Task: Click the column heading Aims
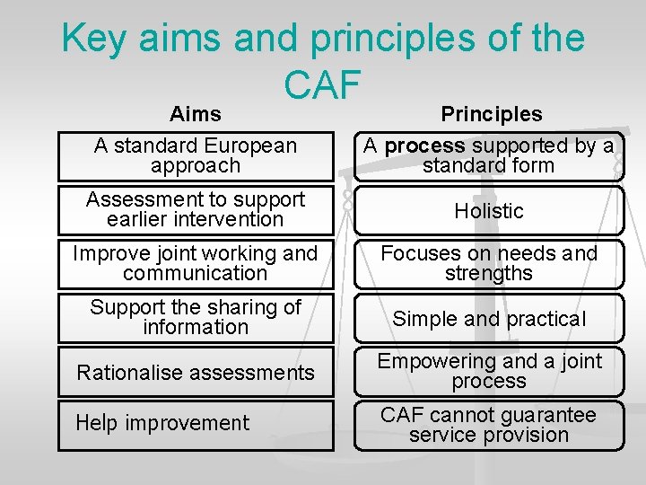point(196,114)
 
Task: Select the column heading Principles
point(491,114)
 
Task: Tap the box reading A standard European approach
point(196,155)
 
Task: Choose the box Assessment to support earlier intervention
point(196,209)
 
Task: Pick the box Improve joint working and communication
point(196,263)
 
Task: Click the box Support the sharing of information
point(196,317)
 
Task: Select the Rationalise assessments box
point(196,372)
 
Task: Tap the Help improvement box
point(196,423)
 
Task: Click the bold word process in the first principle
point(424,145)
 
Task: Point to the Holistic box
point(489,210)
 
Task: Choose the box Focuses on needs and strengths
point(489,263)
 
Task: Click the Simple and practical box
point(489,318)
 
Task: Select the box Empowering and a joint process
point(489,371)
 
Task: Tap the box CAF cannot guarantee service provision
point(489,425)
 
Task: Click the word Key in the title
point(94,39)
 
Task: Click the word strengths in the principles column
point(489,273)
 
